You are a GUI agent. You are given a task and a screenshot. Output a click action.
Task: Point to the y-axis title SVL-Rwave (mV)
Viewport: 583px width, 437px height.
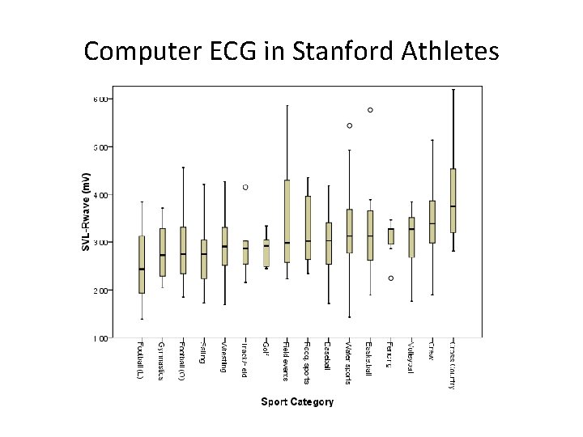[x=87, y=210]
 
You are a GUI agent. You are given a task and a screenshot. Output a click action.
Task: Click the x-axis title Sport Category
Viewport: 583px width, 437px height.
[x=296, y=402]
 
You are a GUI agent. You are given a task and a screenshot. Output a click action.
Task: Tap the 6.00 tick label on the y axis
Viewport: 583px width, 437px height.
[x=99, y=100]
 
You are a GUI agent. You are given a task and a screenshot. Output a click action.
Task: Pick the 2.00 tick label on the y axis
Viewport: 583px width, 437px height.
[x=99, y=291]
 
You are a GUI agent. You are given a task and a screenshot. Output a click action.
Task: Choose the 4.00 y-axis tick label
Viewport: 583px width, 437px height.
[x=99, y=195]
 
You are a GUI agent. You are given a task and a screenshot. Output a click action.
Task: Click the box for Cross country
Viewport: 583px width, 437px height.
[x=453, y=200]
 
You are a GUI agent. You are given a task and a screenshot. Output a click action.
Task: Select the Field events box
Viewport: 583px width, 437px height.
[x=287, y=221]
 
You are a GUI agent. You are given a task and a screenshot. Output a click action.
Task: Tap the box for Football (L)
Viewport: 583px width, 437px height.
[x=142, y=265]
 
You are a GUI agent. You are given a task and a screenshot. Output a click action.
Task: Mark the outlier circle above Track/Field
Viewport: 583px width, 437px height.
[x=245, y=187]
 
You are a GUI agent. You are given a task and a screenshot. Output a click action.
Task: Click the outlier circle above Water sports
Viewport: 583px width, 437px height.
[x=349, y=125]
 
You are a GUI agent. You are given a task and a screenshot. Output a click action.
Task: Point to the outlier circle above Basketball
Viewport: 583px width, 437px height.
[x=370, y=109]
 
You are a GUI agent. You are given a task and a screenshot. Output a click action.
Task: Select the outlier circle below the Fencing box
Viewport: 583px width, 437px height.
[x=390, y=278]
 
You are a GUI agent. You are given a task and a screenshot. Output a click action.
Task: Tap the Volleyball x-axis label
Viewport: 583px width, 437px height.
[x=411, y=358]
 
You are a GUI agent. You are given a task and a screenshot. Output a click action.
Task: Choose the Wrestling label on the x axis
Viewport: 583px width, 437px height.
[x=224, y=357]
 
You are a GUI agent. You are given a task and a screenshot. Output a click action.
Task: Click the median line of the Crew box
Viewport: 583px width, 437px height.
[x=432, y=223]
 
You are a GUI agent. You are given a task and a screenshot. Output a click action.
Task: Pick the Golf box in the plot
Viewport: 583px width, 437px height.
[x=266, y=252]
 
